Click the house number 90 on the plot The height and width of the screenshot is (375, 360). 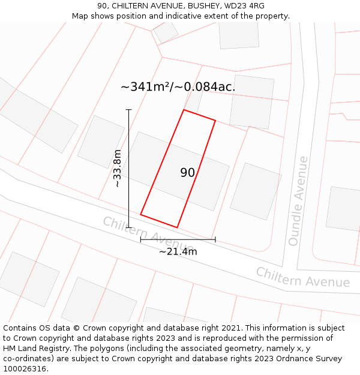[x=187, y=173]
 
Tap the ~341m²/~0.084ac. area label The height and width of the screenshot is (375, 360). [x=178, y=87]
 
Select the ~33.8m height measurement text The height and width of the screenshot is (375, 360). [x=118, y=169]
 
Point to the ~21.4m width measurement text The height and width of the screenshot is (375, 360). [x=178, y=251]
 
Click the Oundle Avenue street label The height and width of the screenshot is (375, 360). [x=298, y=201]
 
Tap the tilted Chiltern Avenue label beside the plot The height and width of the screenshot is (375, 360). [x=148, y=235]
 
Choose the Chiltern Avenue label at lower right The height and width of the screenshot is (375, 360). [x=302, y=277]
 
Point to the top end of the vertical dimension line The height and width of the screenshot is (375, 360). [x=128, y=110]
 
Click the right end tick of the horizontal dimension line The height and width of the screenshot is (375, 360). [x=215, y=240]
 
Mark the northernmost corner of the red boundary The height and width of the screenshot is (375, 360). [x=184, y=110]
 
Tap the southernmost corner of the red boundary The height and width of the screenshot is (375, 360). [x=177, y=227]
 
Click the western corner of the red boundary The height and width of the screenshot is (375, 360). [x=140, y=214]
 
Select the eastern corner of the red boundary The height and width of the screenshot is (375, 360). [x=215, y=121]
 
